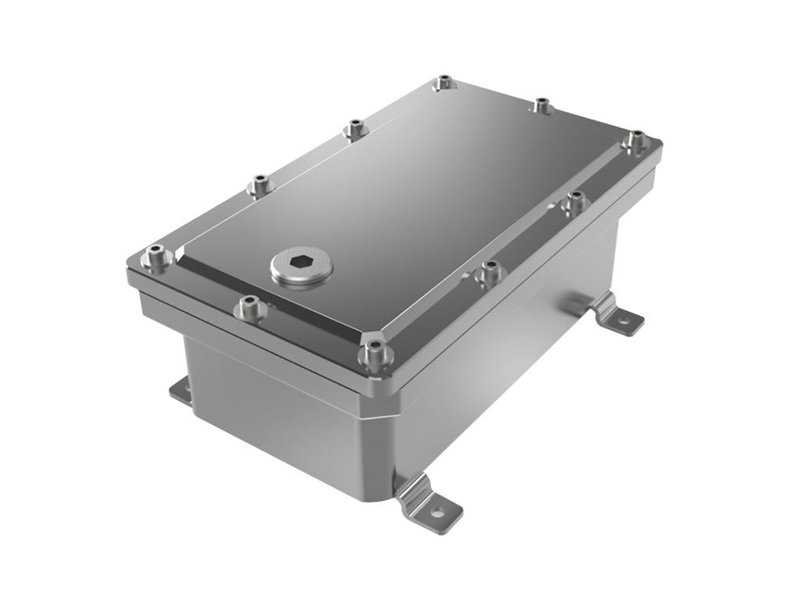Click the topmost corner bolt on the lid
(444, 81)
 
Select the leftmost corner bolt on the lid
(157, 254)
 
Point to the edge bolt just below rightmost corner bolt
(576, 199)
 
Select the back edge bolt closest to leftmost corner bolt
(259, 185)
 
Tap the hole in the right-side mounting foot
(624, 319)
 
